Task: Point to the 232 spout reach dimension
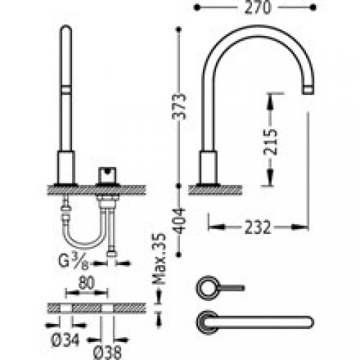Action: coord(256,227)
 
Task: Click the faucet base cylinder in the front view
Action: coord(65,168)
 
